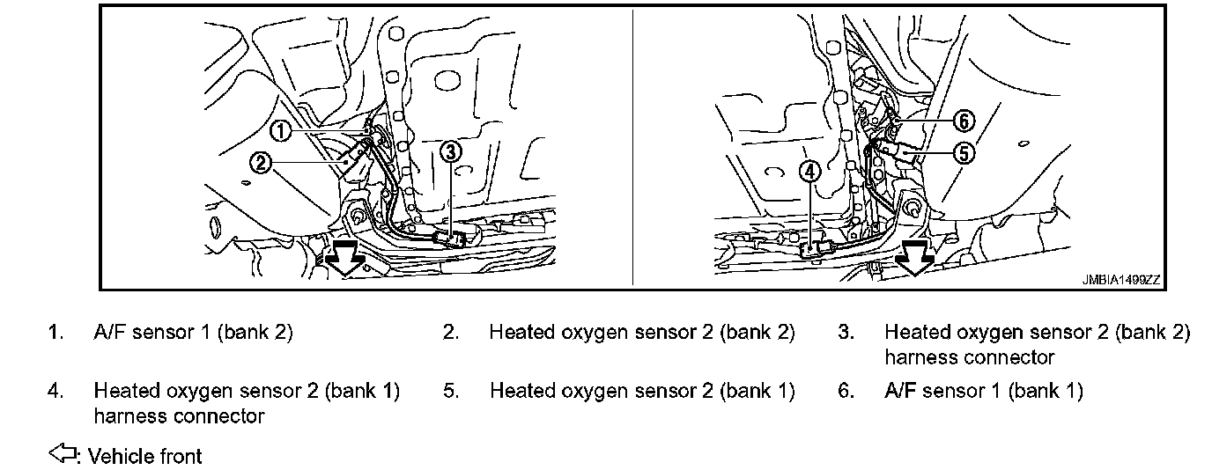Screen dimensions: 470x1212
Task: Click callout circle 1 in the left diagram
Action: pos(279,131)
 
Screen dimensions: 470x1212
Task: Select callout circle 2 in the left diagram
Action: pos(260,162)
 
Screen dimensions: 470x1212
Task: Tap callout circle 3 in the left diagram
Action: pos(450,152)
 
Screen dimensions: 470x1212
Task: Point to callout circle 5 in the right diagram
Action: pos(964,152)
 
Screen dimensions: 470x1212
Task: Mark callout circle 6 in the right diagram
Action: pos(965,121)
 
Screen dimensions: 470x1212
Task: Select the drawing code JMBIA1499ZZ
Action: pos(1121,280)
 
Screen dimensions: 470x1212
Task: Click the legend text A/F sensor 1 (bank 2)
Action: pos(193,333)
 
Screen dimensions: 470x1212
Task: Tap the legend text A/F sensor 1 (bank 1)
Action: pos(983,391)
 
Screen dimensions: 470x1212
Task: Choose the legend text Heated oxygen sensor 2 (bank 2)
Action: pos(642,333)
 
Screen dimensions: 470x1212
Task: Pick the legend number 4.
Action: pos(55,391)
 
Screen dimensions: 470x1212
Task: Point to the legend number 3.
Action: pos(846,333)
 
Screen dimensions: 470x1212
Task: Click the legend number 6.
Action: pos(846,391)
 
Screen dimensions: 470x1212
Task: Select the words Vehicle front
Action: pos(145,457)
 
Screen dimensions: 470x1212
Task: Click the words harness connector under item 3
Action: pos(969,357)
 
